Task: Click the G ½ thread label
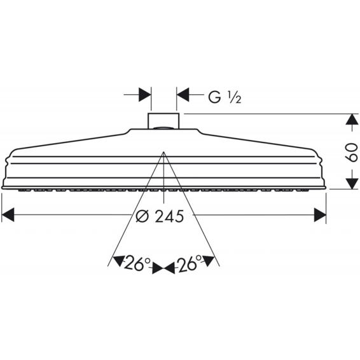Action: pyautogui.click(x=225, y=97)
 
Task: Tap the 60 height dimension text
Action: pyautogui.click(x=351, y=153)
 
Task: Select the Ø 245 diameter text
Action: pyautogui.click(x=160, y=216)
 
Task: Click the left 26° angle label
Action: pyautogui.click(x=137, y=263)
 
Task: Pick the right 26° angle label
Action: pyautogui.click(x=188, y=263)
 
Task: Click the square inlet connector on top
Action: pyautogui.click(x=163, y=121)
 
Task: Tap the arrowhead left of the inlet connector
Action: pyautogui.click(x=145, y=94)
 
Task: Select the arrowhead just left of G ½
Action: pyautogui.click(x=183, y=94)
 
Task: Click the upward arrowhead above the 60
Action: pyautogui.click(x=352, y=120)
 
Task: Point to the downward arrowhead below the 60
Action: pyautogui.click(x=352, y=183)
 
